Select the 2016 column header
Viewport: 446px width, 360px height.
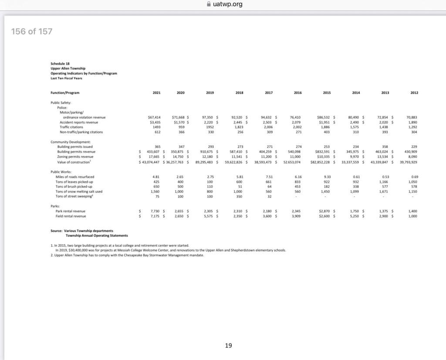pos(298,93)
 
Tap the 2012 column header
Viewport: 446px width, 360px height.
pos(414,93)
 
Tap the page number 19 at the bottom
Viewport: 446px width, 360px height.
pos(228,346)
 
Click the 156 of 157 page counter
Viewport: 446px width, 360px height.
pos(32,31)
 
